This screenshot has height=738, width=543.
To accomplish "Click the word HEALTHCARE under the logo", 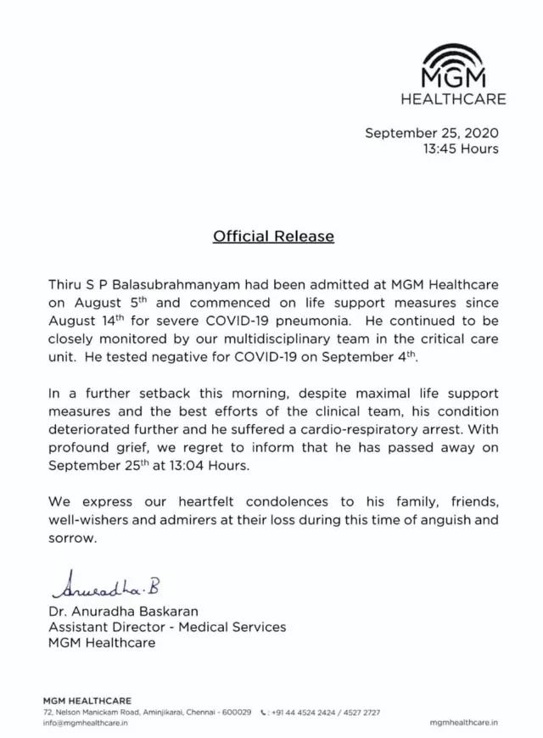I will coord(454,99).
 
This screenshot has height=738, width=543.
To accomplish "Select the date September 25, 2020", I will coord(431,133).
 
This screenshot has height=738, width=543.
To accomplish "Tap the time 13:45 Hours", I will coord(461,149).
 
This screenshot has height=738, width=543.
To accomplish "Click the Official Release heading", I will coord(272,236).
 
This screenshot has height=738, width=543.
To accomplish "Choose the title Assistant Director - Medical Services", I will coord(167,627).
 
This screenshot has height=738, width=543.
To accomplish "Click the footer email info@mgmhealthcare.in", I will coord(85,722).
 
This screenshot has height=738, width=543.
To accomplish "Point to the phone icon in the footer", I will coord(266,712).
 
